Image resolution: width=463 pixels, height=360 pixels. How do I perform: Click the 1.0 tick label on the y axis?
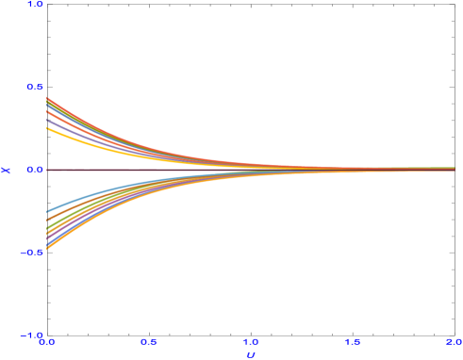point(35,5)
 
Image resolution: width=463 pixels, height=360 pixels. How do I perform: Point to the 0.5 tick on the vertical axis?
point(35,87)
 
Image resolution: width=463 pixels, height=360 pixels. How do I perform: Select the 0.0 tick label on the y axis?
point(35,170)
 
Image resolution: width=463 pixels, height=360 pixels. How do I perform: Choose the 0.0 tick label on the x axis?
point(46,342)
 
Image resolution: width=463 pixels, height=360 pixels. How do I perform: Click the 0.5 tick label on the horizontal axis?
point(148,342)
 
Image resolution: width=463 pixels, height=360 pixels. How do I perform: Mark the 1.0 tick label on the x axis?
point(250,342)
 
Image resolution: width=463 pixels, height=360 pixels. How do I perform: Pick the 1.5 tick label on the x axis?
point(352,342)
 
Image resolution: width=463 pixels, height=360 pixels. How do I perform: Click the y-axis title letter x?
point(7,170)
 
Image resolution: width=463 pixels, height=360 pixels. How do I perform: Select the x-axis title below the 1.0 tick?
point(250,354)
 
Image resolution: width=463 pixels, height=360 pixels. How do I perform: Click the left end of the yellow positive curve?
point(47,127)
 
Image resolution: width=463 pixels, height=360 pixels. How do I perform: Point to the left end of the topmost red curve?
point(47,97)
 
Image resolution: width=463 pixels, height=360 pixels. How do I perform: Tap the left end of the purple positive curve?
point(47,121)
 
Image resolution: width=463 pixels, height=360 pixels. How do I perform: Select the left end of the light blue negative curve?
point(47,212)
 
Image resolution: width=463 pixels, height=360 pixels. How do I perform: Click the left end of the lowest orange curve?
point(47,250)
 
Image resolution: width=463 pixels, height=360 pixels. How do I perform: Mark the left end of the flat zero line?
point(47,170)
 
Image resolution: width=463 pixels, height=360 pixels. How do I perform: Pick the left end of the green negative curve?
point(47,226)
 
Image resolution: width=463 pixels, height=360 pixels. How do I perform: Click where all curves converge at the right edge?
point(453,170)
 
